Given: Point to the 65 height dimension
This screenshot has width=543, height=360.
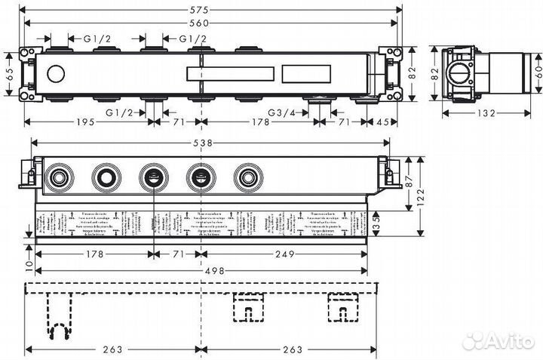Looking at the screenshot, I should [9, 73].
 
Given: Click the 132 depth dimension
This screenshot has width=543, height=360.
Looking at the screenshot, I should [485, 113].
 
